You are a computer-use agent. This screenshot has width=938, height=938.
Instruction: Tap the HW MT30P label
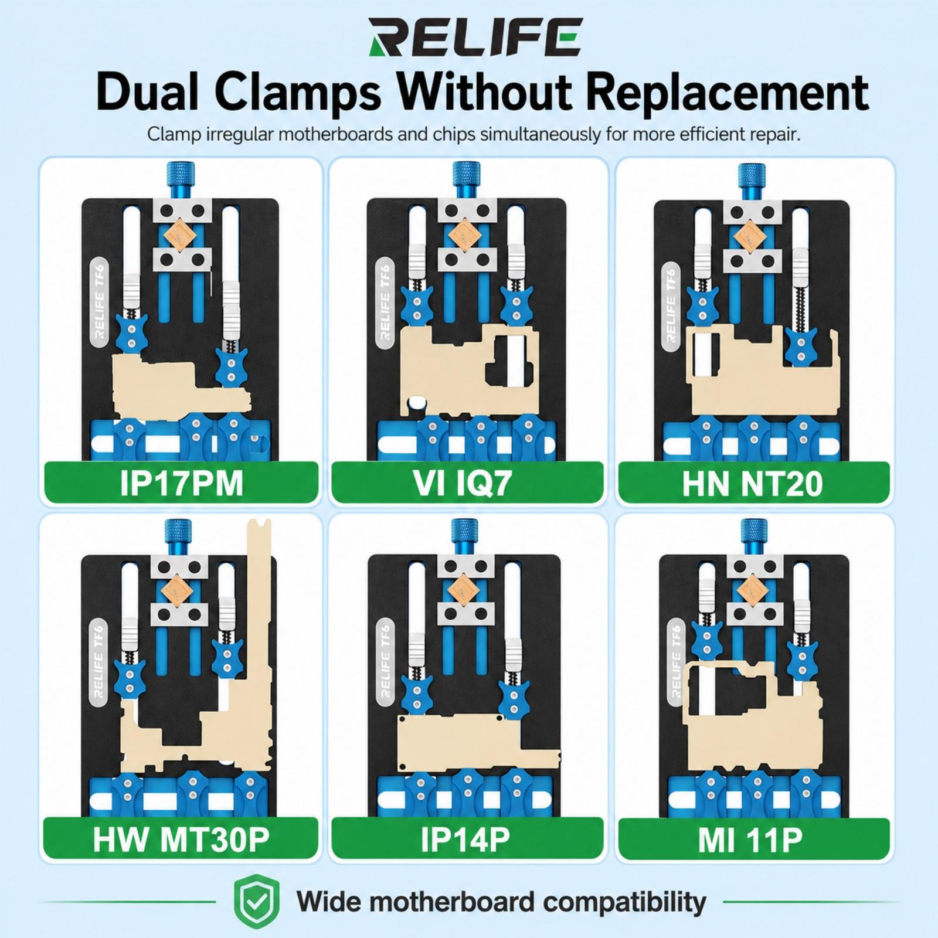click(x=181, y=839)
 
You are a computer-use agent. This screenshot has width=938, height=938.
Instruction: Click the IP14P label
click(x=467, y=839)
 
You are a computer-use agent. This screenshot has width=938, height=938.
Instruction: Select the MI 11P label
click(x=753, y=839)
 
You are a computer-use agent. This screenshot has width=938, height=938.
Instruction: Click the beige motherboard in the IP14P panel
click(x=469, y=742)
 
